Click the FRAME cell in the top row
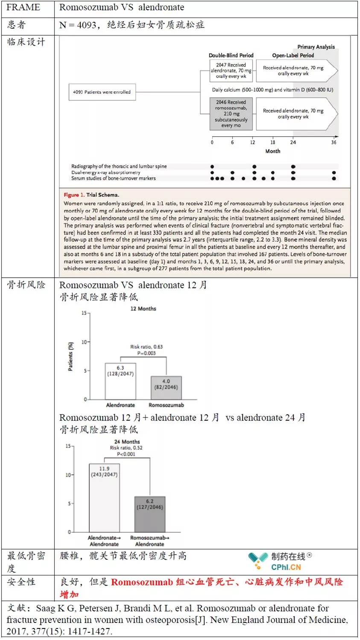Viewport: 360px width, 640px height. coord(23,7)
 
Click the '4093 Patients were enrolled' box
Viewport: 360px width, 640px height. coord(102,92)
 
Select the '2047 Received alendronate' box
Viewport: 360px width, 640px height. coord(231,70)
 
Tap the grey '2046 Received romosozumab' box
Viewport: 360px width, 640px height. coord(231,114)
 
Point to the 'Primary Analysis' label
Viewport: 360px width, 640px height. coord(316,47)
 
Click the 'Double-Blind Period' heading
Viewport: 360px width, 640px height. coord(231,56)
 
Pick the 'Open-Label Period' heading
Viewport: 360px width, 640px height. coord(293,56)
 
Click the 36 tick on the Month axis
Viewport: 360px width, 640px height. coord(334,142)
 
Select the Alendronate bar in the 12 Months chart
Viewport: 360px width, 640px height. coord(120,381)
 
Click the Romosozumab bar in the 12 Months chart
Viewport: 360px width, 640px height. coord(166,388)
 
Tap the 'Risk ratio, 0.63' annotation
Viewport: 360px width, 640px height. coord(146,347)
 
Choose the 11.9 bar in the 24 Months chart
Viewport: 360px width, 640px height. coord(104,498)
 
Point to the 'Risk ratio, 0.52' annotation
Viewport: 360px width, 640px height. coord(126,448)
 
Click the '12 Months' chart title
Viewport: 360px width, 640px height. coord(143,308)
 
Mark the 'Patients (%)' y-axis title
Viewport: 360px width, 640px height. coord(71,356)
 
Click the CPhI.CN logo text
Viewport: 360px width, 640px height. coord(286,567)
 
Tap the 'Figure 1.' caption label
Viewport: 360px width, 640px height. coord(74,195)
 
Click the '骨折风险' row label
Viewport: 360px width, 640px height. coord(26,285)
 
